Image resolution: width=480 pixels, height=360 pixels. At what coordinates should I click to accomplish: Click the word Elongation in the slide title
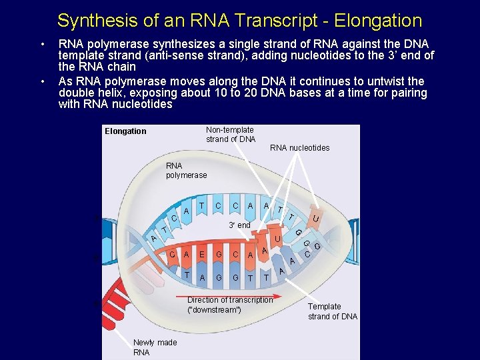pos(378,21)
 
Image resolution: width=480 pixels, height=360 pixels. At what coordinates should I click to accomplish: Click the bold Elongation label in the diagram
pos(125,131)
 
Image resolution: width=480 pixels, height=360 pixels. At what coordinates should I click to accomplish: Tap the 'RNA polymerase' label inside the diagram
pos(186,170)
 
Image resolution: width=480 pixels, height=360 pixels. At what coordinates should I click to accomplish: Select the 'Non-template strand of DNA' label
pos(230,135)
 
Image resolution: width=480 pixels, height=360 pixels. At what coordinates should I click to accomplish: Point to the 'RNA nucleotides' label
pos(299,148)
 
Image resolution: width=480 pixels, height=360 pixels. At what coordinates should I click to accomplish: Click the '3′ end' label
pos(239,225)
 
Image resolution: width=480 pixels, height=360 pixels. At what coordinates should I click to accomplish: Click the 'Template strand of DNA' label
pos(332,311)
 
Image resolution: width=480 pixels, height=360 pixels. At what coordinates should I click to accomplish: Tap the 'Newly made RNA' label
pos(155,347)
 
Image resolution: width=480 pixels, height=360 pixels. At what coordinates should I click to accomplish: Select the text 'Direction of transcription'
pos(230,300)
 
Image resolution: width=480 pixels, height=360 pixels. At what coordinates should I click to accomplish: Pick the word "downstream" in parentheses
pos(214,310)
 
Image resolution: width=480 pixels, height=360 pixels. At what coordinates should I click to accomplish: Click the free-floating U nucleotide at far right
pos(315,218)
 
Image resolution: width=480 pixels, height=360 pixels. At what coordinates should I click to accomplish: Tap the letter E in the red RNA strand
pos(202,254)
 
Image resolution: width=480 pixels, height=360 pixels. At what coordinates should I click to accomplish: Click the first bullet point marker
pos(43,44)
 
